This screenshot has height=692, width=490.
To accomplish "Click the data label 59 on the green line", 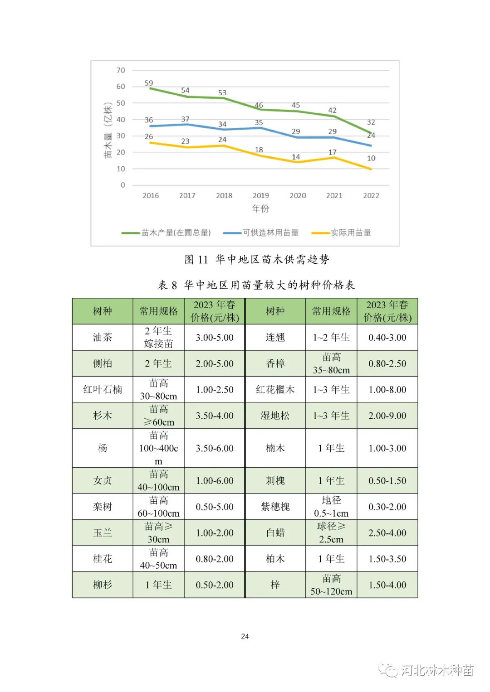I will click(149, 83).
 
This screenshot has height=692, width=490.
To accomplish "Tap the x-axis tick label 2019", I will click(261, 196).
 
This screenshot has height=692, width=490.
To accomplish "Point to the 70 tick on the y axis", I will click(121, 70).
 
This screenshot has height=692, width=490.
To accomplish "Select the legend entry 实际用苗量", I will click(350, 232).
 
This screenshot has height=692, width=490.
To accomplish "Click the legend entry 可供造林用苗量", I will click(270, 232).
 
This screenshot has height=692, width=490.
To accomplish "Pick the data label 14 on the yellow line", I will click(296, 157).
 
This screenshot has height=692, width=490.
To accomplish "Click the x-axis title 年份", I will click(261, 208).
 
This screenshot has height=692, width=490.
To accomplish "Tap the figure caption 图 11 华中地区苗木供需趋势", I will click(257, 259).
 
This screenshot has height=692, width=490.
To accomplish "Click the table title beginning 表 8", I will click(256, 285).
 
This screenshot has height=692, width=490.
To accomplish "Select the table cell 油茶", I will click(103, 337).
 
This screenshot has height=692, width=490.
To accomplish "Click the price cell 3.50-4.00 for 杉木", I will click(215, 416).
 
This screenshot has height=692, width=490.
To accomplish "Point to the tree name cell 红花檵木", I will click(275, 390).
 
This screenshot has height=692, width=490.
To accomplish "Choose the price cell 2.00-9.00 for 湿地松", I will click(387, 416).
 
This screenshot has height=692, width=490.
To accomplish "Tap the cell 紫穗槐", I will click(275, 507).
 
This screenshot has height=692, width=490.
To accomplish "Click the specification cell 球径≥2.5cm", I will click(331, 532).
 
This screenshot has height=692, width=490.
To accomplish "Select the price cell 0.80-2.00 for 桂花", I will click(215, 559).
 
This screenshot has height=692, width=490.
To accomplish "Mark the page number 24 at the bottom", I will click(245, 637).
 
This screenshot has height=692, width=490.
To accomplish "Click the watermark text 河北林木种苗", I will click(437, 670).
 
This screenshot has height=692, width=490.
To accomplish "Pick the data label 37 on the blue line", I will click(185, 119).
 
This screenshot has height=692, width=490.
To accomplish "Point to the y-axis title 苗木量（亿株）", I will click(108, 130).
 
